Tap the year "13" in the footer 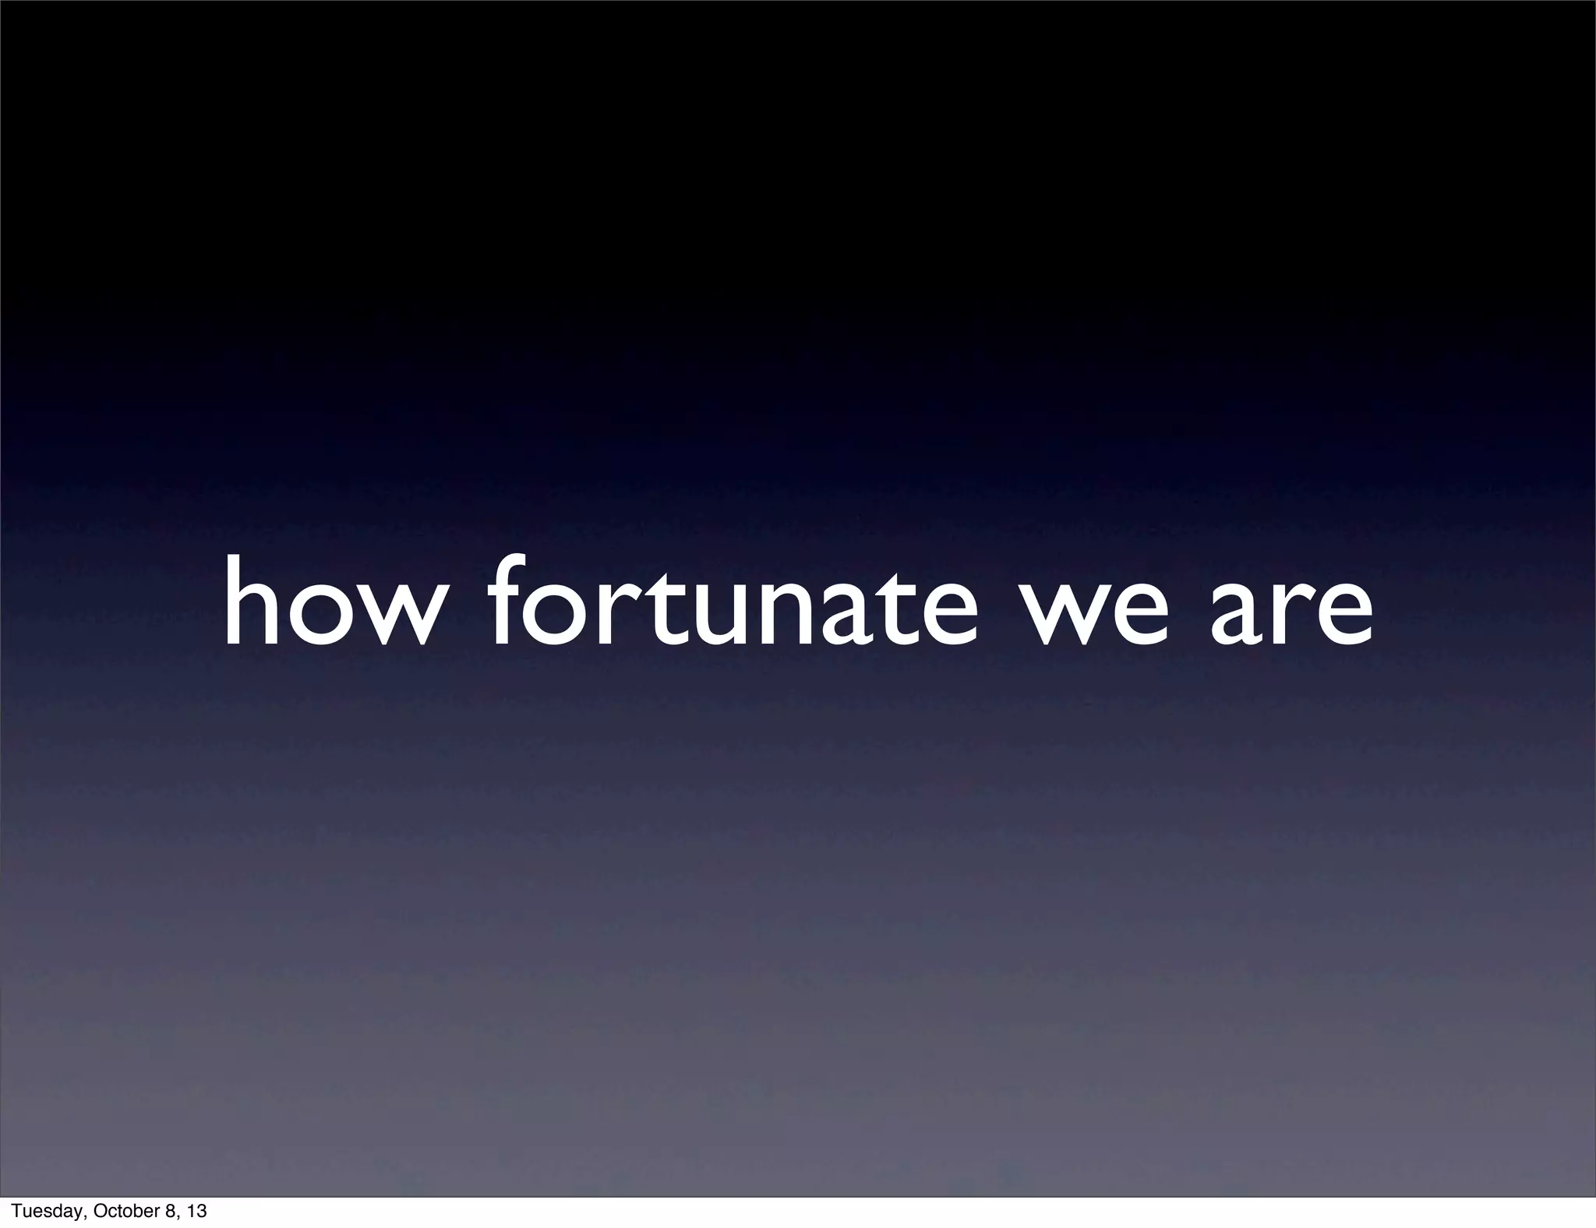[x=198, y=1212]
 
